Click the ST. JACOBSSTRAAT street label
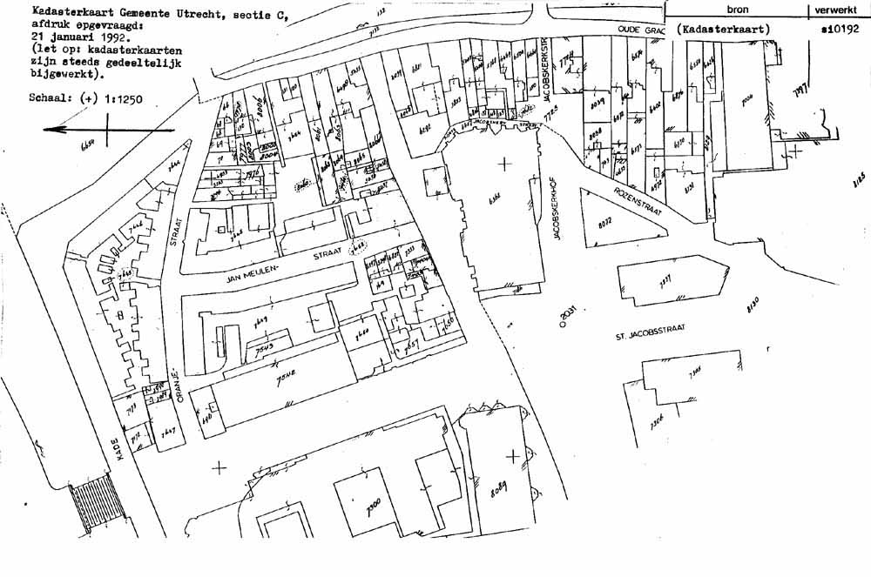point(649,334)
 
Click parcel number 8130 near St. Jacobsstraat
point(753,305)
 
